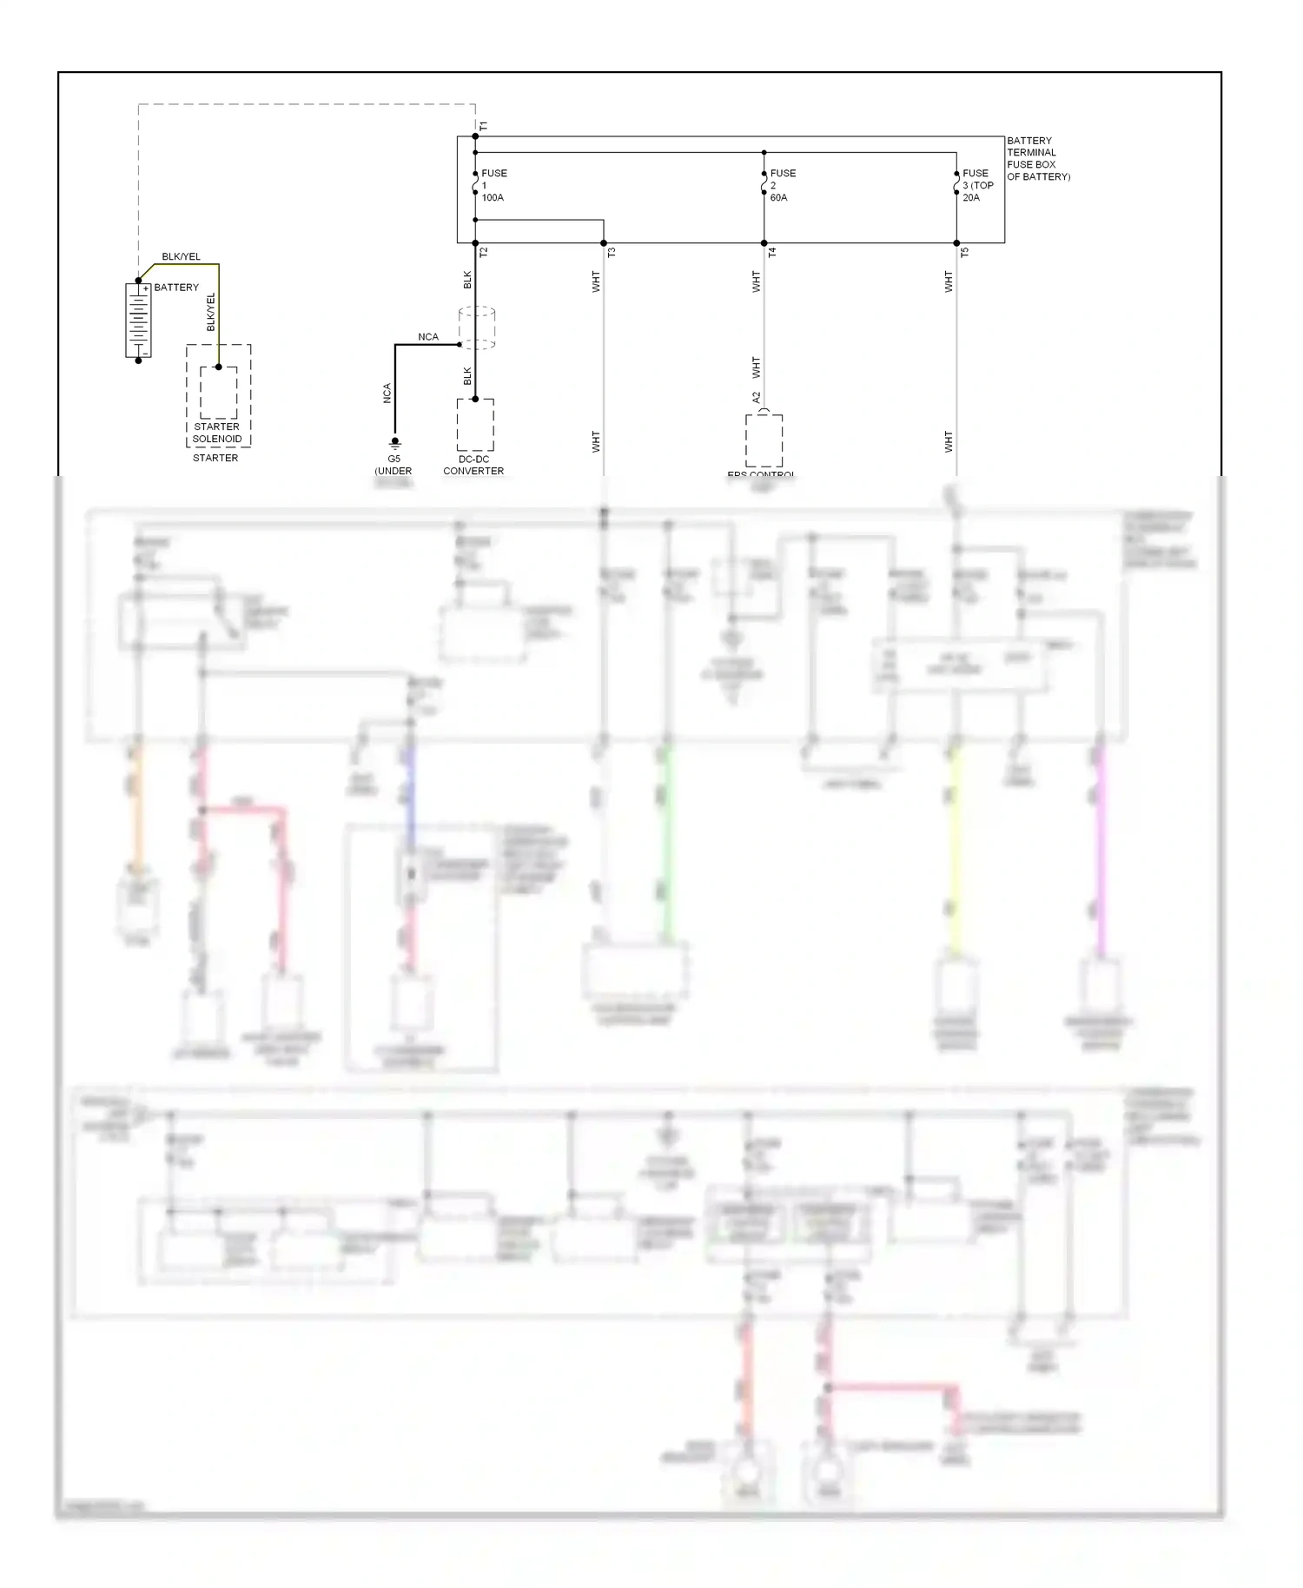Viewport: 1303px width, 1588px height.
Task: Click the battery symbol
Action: tap(138, 320)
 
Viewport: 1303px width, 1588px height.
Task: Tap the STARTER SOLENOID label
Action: tap(217, 433)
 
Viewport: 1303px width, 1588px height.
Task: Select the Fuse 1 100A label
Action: tap(493, 185)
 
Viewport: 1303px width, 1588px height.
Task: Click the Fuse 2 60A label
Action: tap(782, 185)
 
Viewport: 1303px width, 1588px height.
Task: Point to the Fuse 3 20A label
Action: tap(977, 185)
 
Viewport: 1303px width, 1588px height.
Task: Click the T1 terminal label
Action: tap(484, 127)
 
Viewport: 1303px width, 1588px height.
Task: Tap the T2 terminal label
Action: tap(484, 252)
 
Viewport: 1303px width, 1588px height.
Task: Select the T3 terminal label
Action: tap(612, 252)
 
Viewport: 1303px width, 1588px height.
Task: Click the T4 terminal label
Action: tap(772, 252)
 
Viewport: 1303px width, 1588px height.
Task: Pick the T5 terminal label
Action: tap(964, 252)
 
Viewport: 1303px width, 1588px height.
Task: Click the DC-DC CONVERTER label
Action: tap(473, 465)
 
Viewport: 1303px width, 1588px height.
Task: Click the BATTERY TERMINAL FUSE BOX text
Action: tap(1037, 158)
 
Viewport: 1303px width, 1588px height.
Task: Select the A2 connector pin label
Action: tap(756, 397)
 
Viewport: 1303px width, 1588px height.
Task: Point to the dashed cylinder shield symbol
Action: tap(476, 328)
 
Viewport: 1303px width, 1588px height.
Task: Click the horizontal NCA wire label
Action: tap(428, 337)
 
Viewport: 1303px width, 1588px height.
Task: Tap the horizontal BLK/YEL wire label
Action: tap(181, 257)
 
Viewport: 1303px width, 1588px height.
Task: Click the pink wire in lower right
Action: tap(1100, 851)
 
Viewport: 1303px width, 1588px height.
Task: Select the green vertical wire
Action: tap(667, 843)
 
